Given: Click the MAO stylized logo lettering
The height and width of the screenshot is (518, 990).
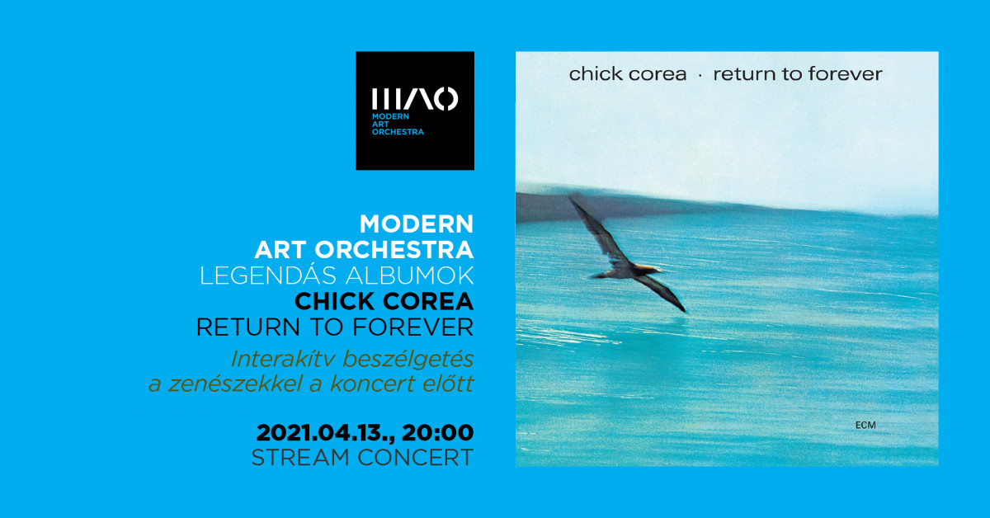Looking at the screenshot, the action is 415,99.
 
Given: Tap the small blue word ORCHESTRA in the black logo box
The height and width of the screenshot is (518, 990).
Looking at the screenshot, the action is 398,132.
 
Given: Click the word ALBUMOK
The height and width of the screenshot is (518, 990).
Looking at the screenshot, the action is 410,275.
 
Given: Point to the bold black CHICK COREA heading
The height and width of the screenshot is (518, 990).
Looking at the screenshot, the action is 384,301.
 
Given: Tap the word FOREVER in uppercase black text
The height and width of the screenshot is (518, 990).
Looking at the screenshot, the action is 412,327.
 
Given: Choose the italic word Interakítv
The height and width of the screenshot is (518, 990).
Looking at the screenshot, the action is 282,359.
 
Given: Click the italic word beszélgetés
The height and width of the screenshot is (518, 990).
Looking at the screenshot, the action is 408,360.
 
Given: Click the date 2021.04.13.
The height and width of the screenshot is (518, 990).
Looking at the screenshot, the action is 326,432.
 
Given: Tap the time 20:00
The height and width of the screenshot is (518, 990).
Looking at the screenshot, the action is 437,432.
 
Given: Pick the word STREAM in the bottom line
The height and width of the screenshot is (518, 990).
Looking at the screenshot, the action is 300,458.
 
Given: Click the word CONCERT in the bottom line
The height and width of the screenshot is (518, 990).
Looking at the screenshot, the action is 416,458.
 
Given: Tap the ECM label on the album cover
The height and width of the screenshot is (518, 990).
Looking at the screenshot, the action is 865,425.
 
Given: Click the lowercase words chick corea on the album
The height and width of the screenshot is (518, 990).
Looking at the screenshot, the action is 628,73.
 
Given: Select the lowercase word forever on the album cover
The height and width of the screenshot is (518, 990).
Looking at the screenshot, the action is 846,73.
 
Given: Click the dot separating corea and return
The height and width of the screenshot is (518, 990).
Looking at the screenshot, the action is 700,76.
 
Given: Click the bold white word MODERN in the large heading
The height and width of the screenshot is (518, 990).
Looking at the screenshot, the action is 417,224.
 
